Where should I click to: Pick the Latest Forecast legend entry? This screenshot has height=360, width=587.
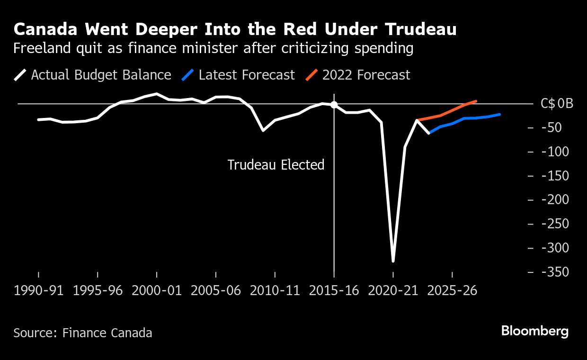(239, 75)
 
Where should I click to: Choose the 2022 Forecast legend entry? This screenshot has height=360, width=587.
(358, 75)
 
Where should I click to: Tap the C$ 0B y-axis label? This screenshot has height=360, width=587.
(556, 104)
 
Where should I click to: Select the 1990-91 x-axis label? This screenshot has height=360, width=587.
(39, 290)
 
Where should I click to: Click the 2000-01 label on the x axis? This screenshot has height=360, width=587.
(157, 290)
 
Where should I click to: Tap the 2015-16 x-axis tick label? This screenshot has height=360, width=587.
(334, 290)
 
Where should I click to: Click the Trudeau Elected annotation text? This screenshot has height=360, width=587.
(276, 165)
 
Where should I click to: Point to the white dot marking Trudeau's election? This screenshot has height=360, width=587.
(334, 105)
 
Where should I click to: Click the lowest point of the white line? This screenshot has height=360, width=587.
(393, 261)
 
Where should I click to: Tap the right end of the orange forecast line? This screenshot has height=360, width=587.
(476, 101)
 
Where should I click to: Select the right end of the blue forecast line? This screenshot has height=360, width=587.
(500, 114)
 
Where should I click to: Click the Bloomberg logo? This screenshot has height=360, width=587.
(534, 331)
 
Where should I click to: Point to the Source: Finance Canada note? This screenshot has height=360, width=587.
(83, 333)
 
